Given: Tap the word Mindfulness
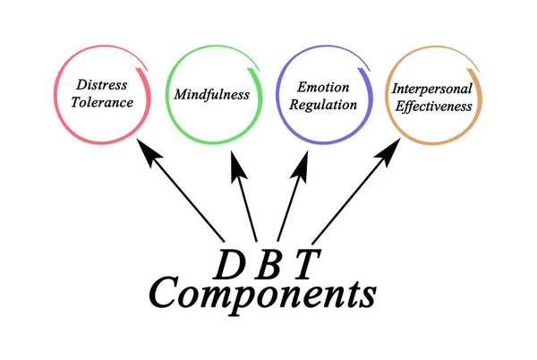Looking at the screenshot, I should coord(212,94).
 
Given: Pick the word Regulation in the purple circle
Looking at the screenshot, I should coord(322,104).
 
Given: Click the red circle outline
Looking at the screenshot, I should coord(55,94).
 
